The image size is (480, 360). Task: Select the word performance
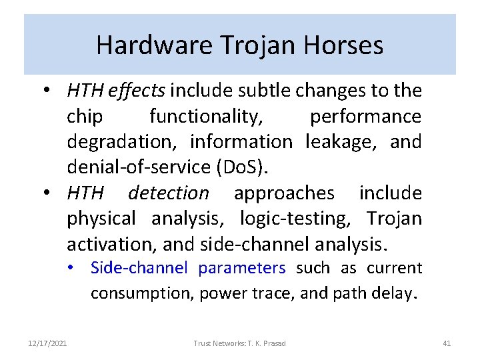tap(365, 116)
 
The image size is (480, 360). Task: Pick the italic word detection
tap(168, 193)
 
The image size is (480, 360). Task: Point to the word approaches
tap(284, 193)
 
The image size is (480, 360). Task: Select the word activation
tap(111, 245)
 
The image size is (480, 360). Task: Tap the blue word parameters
tap(242, 268)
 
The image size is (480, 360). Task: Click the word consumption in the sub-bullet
tap(141, 293)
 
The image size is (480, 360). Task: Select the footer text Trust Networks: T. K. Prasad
tap(239, 343)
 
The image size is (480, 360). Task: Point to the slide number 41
tap(447, 343)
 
